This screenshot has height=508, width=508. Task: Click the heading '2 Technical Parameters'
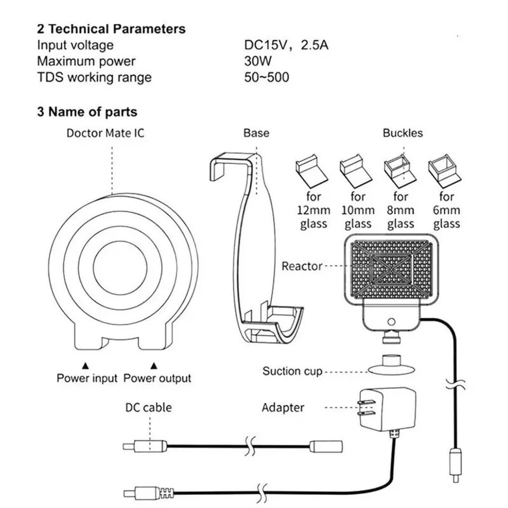(x=111, y=29)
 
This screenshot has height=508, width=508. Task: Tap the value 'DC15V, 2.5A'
(x=286, y=45)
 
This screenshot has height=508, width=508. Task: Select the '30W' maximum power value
(x=258, y=61)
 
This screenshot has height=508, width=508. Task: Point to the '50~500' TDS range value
(x=267, y=77)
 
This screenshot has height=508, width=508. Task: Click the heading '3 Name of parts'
(x=87, y=112)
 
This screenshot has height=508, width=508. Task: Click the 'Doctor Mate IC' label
(x=105, y=133)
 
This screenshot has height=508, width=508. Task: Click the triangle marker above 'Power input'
(x=85, y=365)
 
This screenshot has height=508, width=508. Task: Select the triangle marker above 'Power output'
(x=154, y=365)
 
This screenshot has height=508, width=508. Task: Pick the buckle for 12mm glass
(x=312, y=169)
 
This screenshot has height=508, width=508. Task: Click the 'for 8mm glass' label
(x=401, y=210)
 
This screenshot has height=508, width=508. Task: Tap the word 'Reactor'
(x=302, y=266)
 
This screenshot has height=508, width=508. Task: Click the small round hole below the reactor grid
(x=392, y=321)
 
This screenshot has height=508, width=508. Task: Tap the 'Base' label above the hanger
(x=256, y=133)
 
